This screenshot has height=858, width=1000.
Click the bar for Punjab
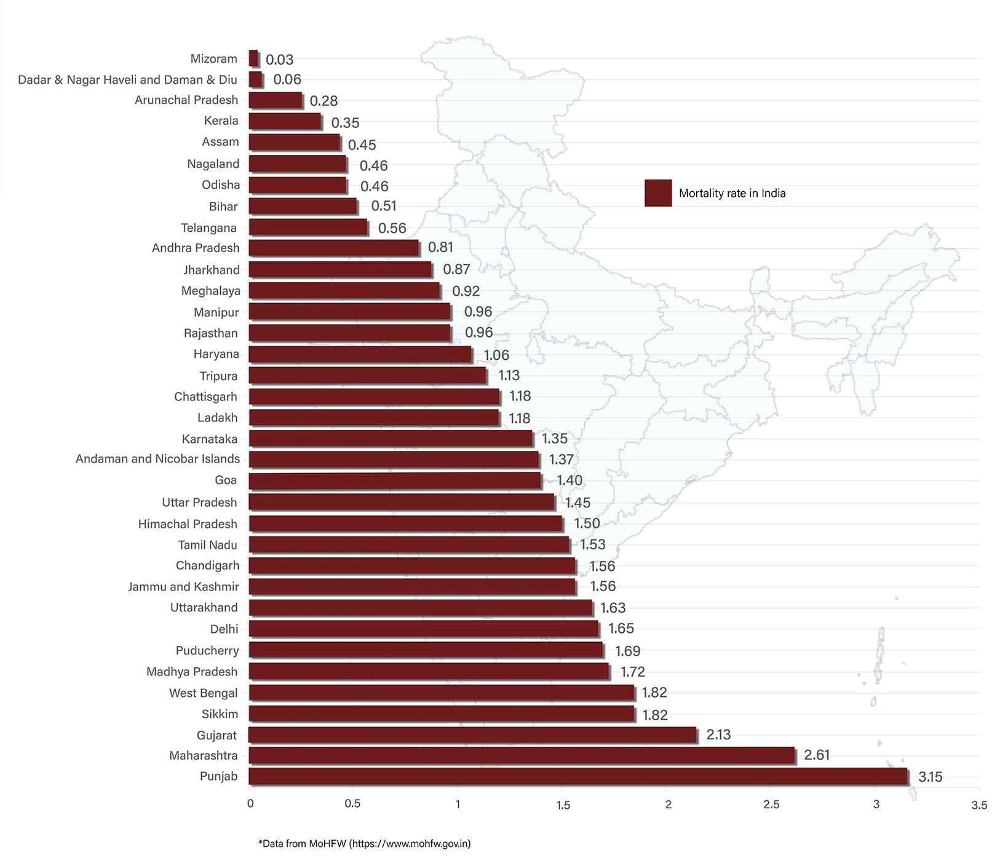click(578, 776)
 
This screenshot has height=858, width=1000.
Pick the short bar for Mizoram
click(253, 58)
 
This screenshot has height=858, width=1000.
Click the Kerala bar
click(285, 121)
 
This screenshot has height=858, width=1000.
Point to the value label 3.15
click(930, 777)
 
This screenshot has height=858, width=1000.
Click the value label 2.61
click(817, 755)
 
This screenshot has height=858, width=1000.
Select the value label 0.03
click(279, 60)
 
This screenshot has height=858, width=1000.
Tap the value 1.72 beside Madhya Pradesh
click(632, 672)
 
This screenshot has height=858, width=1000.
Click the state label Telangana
click(208, 228)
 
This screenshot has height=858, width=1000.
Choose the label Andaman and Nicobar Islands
click(157, 459)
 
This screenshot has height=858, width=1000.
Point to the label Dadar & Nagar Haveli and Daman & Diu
click(127, 80)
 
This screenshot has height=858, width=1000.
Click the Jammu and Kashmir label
click(183, 587)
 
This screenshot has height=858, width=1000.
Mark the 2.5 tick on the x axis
click(771, 804)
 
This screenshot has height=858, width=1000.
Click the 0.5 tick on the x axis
click(352, 804)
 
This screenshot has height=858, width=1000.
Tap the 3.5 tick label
click(978, 805)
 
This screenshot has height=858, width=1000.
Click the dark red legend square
click(657, 193)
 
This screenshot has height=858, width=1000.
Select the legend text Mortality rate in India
click(732, 193)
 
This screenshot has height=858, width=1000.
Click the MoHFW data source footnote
click(365, 843)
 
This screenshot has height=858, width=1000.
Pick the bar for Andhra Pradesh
click(333, 248)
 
